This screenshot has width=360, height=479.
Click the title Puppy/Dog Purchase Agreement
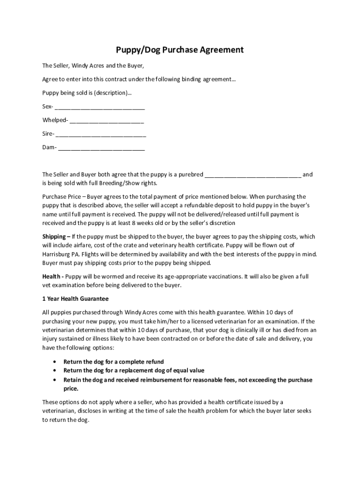(180, 50)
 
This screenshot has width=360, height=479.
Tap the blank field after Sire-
(101, 134)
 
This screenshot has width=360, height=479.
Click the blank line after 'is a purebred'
(253, 175)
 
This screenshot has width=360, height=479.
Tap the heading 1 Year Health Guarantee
(75, 298)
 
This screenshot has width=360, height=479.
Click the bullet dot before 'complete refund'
(56, 362)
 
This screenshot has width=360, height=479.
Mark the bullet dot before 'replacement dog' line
(56, 371)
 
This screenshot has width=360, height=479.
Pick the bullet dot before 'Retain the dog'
(56, 380)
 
